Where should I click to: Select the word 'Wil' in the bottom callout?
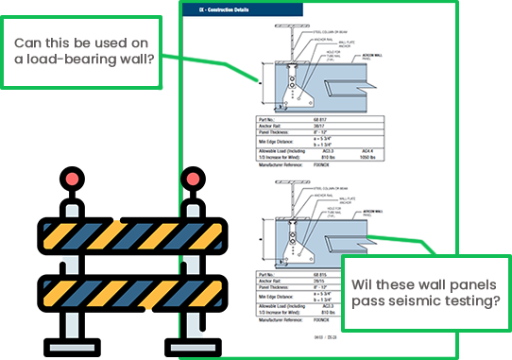click(x=363, y=284)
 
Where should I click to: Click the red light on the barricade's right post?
click(x=194, y=178)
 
